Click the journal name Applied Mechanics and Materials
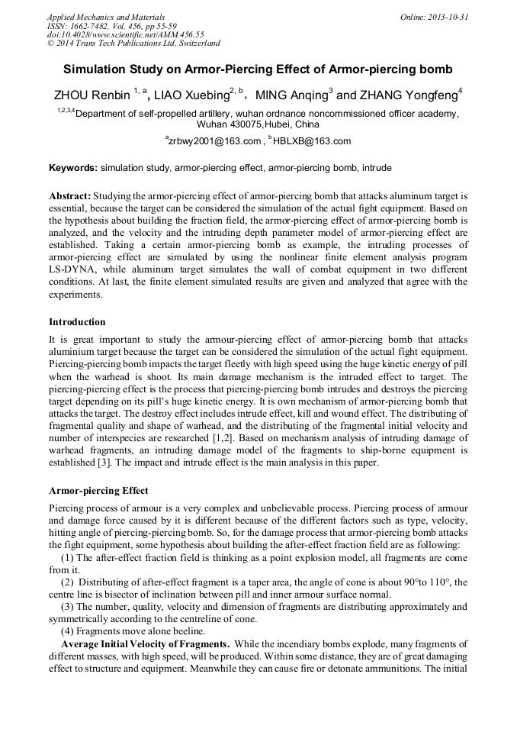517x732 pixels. pyautogui.click(x=106, y=16)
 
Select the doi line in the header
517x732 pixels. pyautogui.click(x=125, y=34)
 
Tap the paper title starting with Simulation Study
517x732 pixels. pyautogui.click(x=258, y=69)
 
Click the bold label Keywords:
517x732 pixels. pyautogui.click(x=73, y=167)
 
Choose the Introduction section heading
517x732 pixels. pyautogui.click(x=77, y=321)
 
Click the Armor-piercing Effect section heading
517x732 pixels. pyautogui.click(x=98, y=491)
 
